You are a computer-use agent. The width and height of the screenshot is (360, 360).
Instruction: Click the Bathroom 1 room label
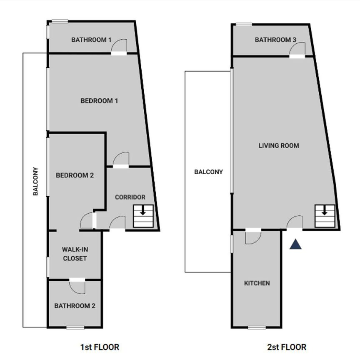pyautogui.click(x=91, y=40)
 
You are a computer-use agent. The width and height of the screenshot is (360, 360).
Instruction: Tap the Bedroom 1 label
pyautogui.click(x=99, y=101)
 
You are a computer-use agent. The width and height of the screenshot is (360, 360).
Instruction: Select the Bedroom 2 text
pyautogui.click(x=75, y=175)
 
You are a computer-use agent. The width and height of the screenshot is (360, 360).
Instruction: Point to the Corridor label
pyautogui.click(x=130, y=197)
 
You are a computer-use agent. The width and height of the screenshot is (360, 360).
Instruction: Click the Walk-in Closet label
pyautogui.click(x=75, y=254)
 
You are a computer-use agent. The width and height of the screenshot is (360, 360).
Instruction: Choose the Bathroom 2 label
pyautogui.click(x=75, y=306)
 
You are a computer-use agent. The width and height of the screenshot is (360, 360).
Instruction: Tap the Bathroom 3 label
pyautogui.click(x=275, y=40)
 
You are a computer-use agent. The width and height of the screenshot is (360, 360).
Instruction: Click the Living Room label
pyautogui.click(x=279, y=145)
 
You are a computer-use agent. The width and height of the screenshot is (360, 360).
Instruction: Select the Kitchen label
pyautogui.click(x=257, y=283)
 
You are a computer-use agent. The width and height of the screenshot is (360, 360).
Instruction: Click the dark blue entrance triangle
pyautogui.click(x=295, y=245)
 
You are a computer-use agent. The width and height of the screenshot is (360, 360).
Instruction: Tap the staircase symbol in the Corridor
pyautogui.click(x=143, y=216)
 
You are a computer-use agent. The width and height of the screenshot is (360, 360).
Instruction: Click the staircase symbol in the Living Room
pyautogui.click(x=325, y=216)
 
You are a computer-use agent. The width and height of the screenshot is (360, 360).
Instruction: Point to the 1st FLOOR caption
pyautogui.click(x=100, y=347)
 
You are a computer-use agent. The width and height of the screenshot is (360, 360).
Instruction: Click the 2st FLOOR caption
pyautogui.click(x=287, y=347)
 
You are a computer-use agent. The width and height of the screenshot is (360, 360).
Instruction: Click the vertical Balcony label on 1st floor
pyautogui.click(x=35, y=181)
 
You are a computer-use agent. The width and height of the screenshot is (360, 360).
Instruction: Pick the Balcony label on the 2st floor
pyautogui.click(x=208, y=172)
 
